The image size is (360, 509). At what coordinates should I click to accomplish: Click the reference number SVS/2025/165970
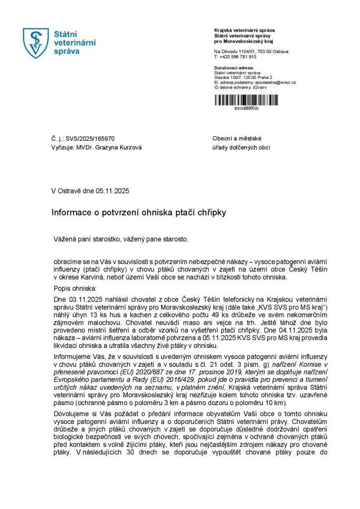(x=93, y=139)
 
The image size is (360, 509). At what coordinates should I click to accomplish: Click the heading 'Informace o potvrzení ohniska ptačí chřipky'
(x=139, y=212)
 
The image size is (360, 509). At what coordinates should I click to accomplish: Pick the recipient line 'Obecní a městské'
(x=237, y=139)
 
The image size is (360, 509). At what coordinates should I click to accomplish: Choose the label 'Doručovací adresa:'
(x=234, y=68)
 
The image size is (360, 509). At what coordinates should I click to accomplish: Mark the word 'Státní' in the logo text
(x=66, y=34)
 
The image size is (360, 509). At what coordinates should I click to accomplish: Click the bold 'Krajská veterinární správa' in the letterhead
(x=244, y=30)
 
